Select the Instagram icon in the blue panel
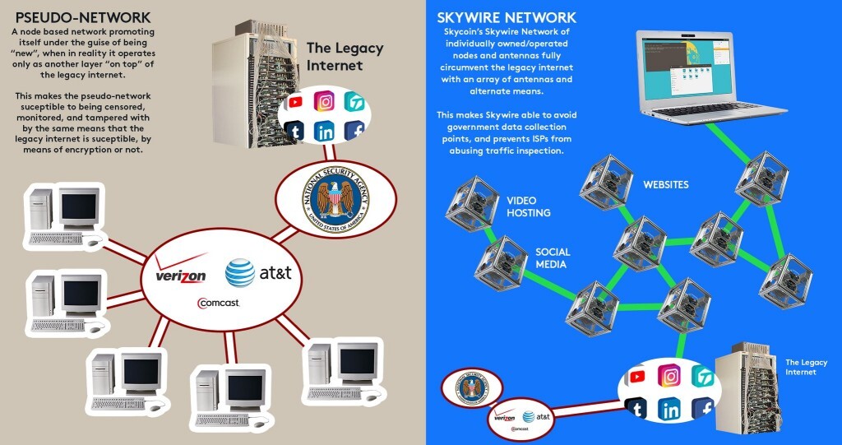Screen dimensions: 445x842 pyautogui.click(x=670, y=377)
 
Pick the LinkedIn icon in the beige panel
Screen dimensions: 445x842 pyautogui.click(x=325, y=130)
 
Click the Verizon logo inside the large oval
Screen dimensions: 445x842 pyautogui.click(x=180, y=276)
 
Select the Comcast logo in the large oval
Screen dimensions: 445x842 pyautogui.click(x=218, y=303)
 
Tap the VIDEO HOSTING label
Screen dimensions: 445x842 pyautogui.click(x=528, y=206)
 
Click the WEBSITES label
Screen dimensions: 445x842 pyautogui.click(x=665, y=184)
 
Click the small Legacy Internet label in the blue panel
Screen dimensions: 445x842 pyautogui.click(x=806, y=367)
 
